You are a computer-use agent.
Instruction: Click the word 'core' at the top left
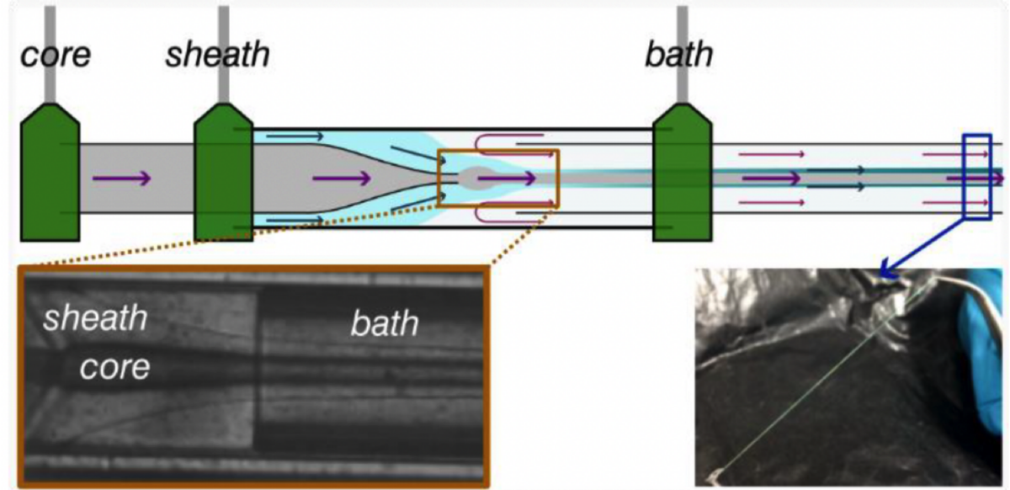pyautogui.click(x=55, y=56)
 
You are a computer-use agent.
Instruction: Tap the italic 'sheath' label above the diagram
pyautogui.click(x=217, y=56)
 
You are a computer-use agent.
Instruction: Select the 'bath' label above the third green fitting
pyautogui.click(x=678, y=56)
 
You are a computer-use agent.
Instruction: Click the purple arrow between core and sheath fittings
pyautogui.click(x=122, y=178)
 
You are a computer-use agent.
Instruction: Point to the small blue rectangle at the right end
pyautogui.click(x=977, y=176)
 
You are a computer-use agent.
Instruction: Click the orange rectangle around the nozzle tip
pyautogui.click(x=498, y=178)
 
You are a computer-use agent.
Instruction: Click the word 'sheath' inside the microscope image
pyautogui.click(x=95, y=319)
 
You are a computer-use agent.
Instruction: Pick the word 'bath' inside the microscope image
pyautogui.click(x=385, y=324)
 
